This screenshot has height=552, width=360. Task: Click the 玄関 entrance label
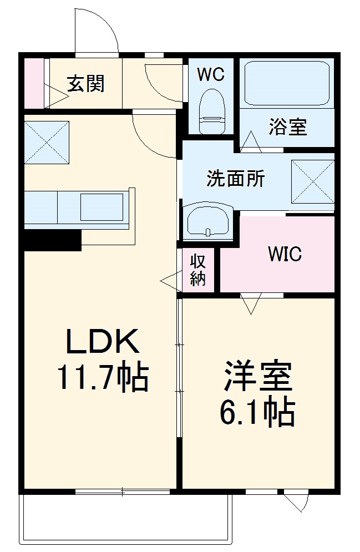coord(86,84)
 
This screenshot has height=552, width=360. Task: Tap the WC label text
coord(211,75)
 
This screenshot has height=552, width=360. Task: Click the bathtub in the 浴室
coord(286,83)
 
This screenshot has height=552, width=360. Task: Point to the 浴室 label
coord(288,127)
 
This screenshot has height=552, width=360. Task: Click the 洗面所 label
coord(235,179)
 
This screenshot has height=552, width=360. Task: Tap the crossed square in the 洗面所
coord(312,182)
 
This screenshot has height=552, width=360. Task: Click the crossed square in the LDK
coord(47,141)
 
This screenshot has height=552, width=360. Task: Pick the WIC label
coord(285,254)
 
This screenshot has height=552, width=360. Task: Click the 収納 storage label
coord(198,270)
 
